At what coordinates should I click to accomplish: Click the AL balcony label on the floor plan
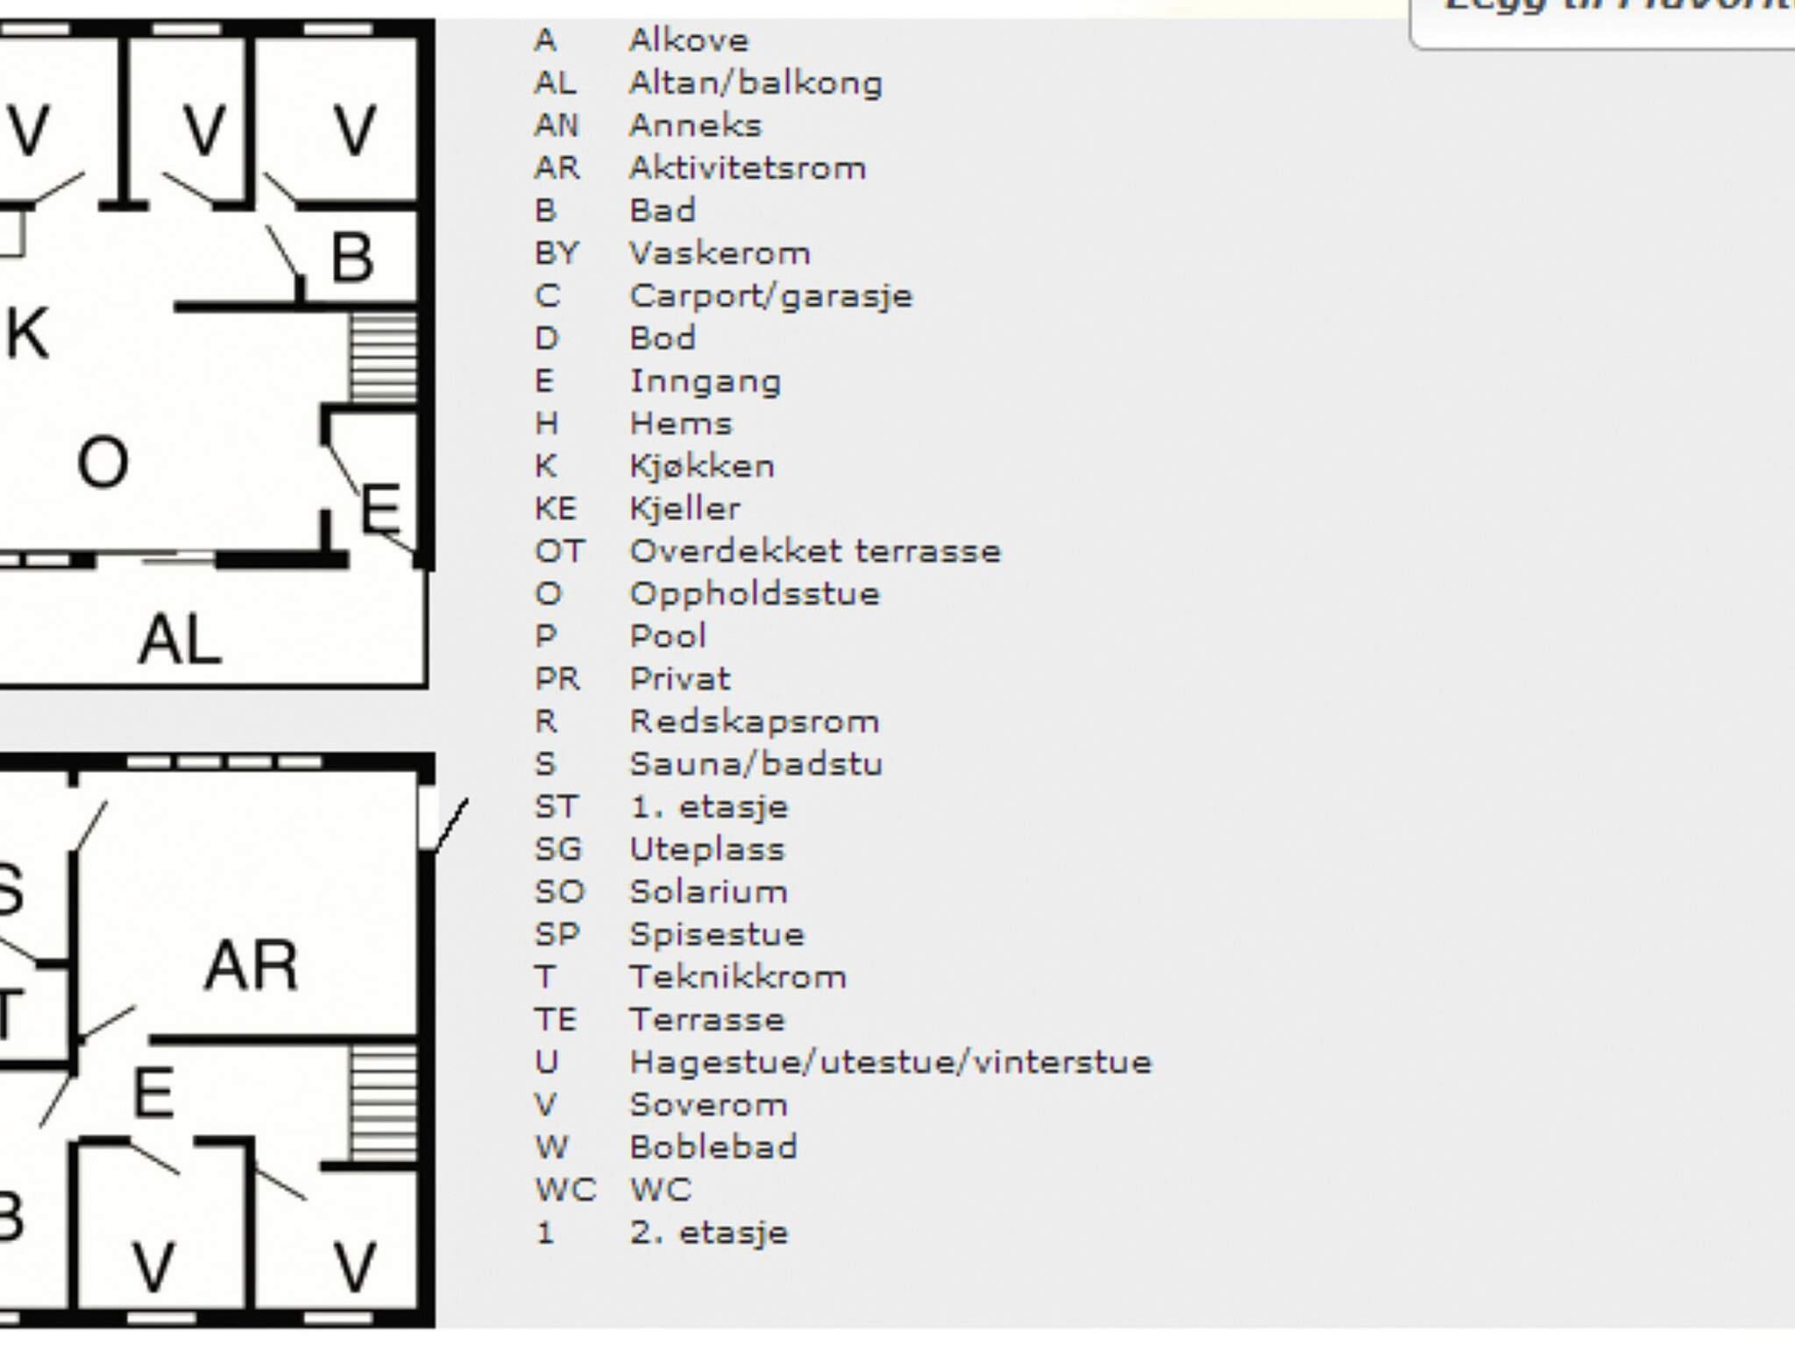pyautogui.click(x=180, y=640)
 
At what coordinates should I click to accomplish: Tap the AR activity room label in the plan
pyautogui.click(x=252, y=966)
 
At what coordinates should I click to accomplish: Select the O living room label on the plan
pyautogui.click(x=103, y=463)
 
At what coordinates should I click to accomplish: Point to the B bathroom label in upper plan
pyautogui.click(x=352, y=259)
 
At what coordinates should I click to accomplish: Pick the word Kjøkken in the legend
pyautogui.click(x=702, y=466)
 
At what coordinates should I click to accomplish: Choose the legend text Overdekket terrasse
pyautogui.click(x=815, y=551)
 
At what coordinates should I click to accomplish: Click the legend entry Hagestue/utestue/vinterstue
pyautogui.click(x=890, y=1062)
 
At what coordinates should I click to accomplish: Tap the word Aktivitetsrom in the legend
pyautogui.click(x=748, y=167)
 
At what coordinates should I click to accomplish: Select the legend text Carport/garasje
pyautogui.click(x=771, y=296)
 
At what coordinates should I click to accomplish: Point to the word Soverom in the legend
pyautogui.click(x=708, y=1104)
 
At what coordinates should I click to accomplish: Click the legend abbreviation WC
pyautogui.click(x=565, y=1190)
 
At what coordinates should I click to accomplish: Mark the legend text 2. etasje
pyautogui.click(x=709, y=1233)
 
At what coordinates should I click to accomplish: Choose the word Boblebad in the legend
pyautogui.click(x=713, y=1147)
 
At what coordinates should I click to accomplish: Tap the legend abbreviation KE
pyautogui.click(x=556, y=509)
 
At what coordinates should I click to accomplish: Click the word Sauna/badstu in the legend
pyautogui.click(x=756, y=764)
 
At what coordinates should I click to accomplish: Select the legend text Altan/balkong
pyautogui.click(x=756, y=83)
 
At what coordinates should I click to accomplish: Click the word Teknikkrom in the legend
pyautogui.click(x=738, y=977)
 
